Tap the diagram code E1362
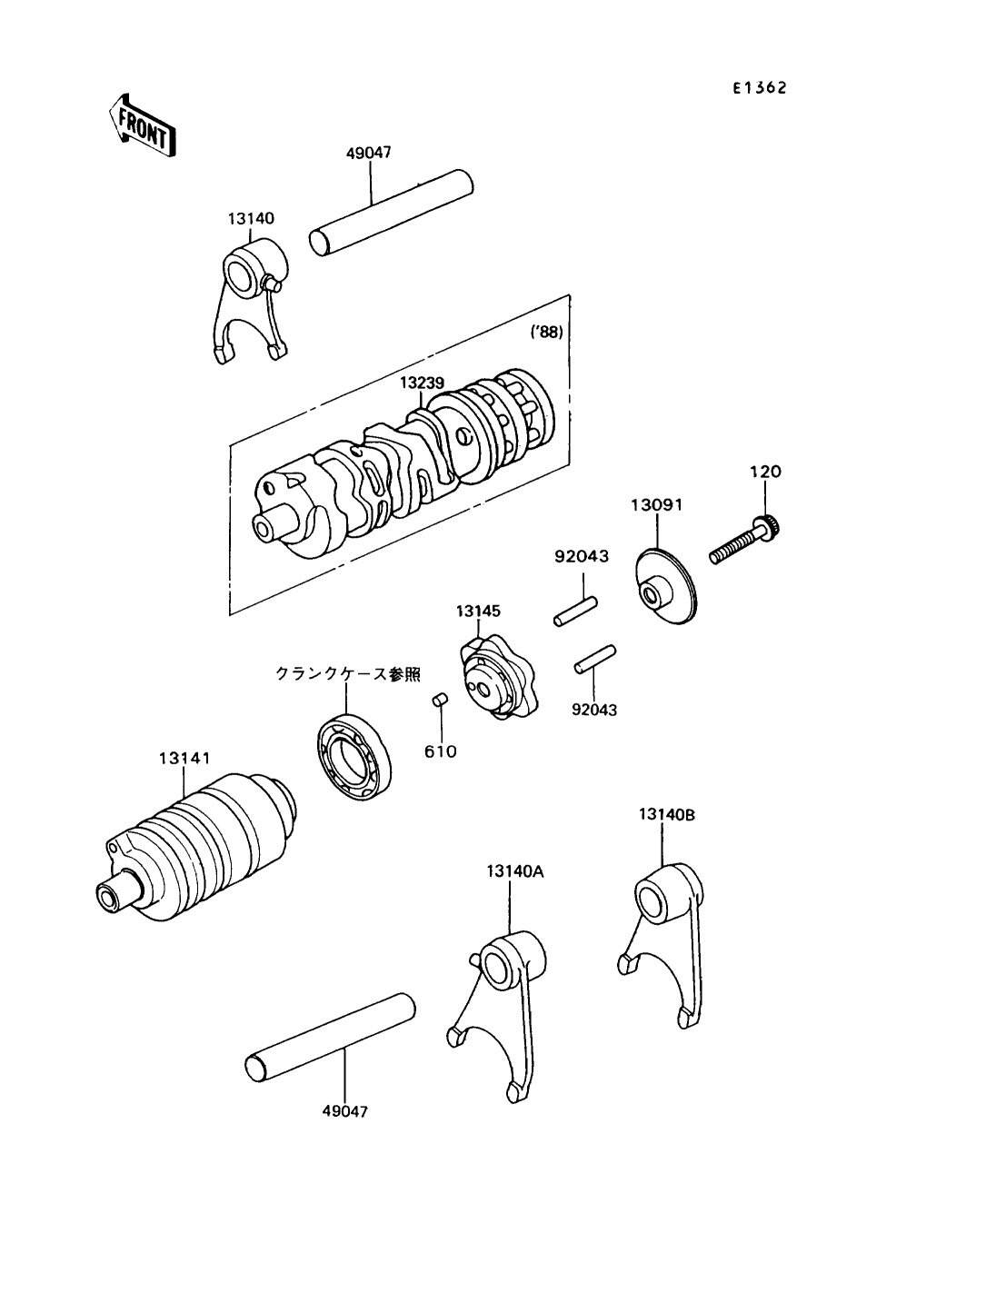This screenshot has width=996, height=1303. click(x=760, y=88)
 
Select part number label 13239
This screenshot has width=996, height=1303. click(x=422, y=383)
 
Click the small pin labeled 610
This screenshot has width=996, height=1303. click(x=438, y=699)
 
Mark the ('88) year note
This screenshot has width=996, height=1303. click(x=546, y=333)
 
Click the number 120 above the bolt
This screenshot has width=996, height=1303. click(x=764, y=472)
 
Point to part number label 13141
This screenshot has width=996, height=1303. click(x=184, y=756)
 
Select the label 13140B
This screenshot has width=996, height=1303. click(x=666, y=814)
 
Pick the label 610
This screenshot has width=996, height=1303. click(x=441, y=751)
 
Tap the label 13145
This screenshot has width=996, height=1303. click(x=478, y=611)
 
